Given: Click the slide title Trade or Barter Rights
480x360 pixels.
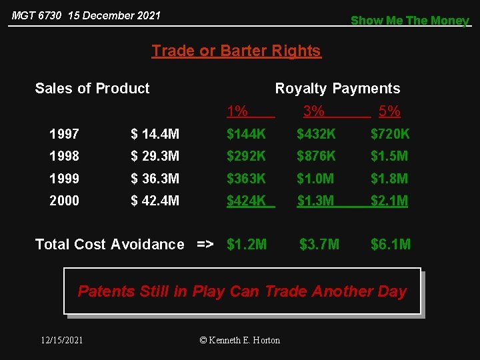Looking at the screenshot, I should pos(236,51).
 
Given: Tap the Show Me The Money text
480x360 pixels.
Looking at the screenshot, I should pos(409,21).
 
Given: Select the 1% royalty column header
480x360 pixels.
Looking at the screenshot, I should pos(237,111).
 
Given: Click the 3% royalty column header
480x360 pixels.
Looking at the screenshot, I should pos(313,111).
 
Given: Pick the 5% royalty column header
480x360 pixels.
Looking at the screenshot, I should pos(389,111).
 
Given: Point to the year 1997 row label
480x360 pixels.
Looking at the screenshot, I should pos(64,134).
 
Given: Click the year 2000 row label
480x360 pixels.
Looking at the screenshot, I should pos(64,201).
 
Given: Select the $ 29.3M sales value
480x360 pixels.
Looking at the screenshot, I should pos(155,156).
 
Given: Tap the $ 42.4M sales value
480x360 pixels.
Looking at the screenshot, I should pos(155,201).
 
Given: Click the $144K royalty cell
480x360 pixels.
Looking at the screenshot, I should pos(246,134).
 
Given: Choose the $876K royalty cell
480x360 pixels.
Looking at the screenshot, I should pos(316,156).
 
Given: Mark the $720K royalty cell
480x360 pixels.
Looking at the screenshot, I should pos(390,134).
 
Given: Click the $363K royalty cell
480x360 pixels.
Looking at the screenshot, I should pos(246,179).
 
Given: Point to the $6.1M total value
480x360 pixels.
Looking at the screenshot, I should pos(391,245).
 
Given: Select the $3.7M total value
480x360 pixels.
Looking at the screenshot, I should pos(319,245).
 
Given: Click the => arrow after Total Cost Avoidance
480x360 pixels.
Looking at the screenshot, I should pos(205,245).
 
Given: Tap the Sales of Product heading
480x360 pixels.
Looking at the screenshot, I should pos(92,89).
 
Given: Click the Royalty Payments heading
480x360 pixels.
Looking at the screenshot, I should pos(337,89).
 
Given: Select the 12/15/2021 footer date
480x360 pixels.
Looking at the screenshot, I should pos(62,340).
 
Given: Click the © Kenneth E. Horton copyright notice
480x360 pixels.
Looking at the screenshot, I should pos(240,340).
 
